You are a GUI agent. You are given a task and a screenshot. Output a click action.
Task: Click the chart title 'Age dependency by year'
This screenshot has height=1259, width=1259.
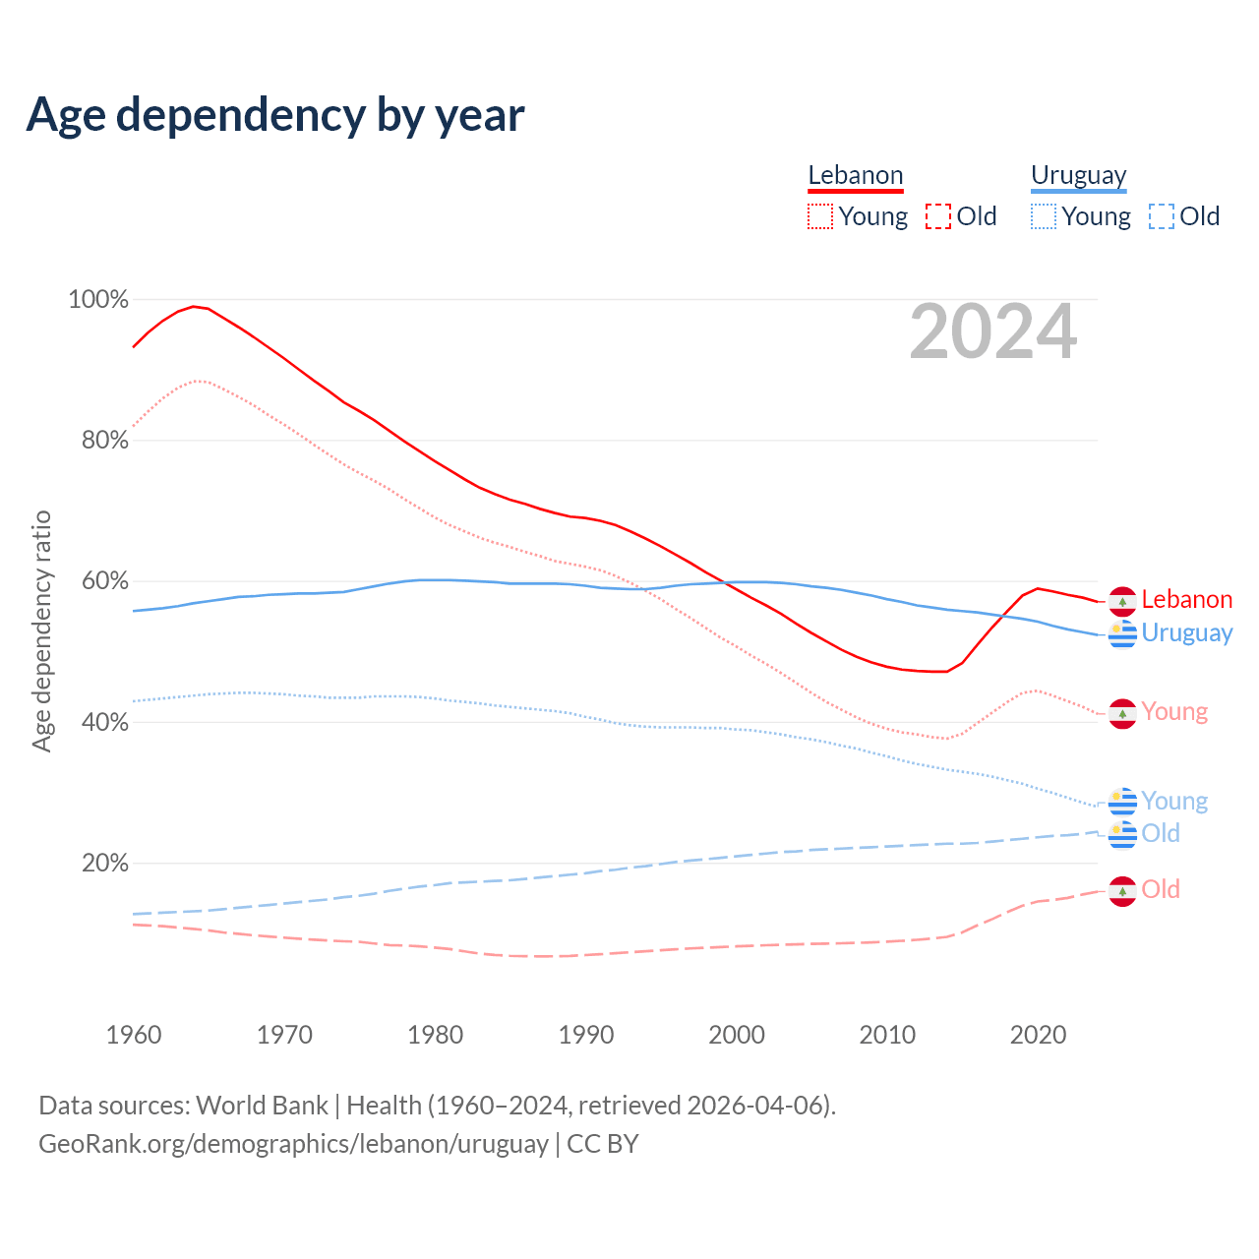tap(275, 115)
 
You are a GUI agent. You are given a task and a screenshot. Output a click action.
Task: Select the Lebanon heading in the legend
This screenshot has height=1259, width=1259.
tap(855, 175)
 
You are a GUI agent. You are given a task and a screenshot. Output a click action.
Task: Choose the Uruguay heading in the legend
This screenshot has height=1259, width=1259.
tap(1078, 175)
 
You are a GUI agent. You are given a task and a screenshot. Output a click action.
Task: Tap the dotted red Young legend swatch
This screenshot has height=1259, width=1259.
tap(819, 216)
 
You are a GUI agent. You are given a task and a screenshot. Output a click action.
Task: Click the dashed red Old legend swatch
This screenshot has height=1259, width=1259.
tap(938, 216)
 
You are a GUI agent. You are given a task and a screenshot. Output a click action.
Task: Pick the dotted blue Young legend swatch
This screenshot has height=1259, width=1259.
tap(1044, 216)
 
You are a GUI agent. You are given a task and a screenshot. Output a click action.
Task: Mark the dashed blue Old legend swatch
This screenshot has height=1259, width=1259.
tap(1162, 216)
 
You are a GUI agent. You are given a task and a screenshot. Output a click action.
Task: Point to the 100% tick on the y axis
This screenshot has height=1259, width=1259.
tap(98, 299)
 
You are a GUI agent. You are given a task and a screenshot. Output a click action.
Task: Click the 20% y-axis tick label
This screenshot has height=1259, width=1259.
tap(105, 863)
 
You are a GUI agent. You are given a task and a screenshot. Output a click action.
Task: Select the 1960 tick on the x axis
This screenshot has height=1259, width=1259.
tap(134, 1035)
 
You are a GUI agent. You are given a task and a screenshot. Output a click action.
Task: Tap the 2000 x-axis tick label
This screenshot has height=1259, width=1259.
tap(737, 1035)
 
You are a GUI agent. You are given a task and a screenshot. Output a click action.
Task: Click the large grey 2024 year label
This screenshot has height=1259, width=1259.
tap(993, 331)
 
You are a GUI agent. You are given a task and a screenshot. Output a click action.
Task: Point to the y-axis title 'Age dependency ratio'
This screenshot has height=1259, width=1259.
tap(41, 630)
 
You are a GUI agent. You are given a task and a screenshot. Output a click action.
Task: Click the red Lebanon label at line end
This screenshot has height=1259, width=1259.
tap(1186, 600)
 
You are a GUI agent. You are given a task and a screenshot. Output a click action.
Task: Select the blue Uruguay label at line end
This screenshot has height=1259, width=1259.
tap(1186, 633)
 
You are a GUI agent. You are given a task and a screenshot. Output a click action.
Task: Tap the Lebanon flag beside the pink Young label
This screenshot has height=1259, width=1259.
tap(1122, 713)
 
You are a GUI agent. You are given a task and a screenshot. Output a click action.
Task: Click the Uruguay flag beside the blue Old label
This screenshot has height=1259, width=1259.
tap(1122, 834)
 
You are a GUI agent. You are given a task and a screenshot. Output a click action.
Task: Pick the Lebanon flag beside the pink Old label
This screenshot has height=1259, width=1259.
tap(1122, 891)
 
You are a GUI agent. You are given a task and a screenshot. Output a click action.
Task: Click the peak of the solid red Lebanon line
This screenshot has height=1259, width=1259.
tap(194, 306)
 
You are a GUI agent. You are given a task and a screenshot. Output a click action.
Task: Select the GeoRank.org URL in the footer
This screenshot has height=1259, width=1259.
tap(293, 1144)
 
